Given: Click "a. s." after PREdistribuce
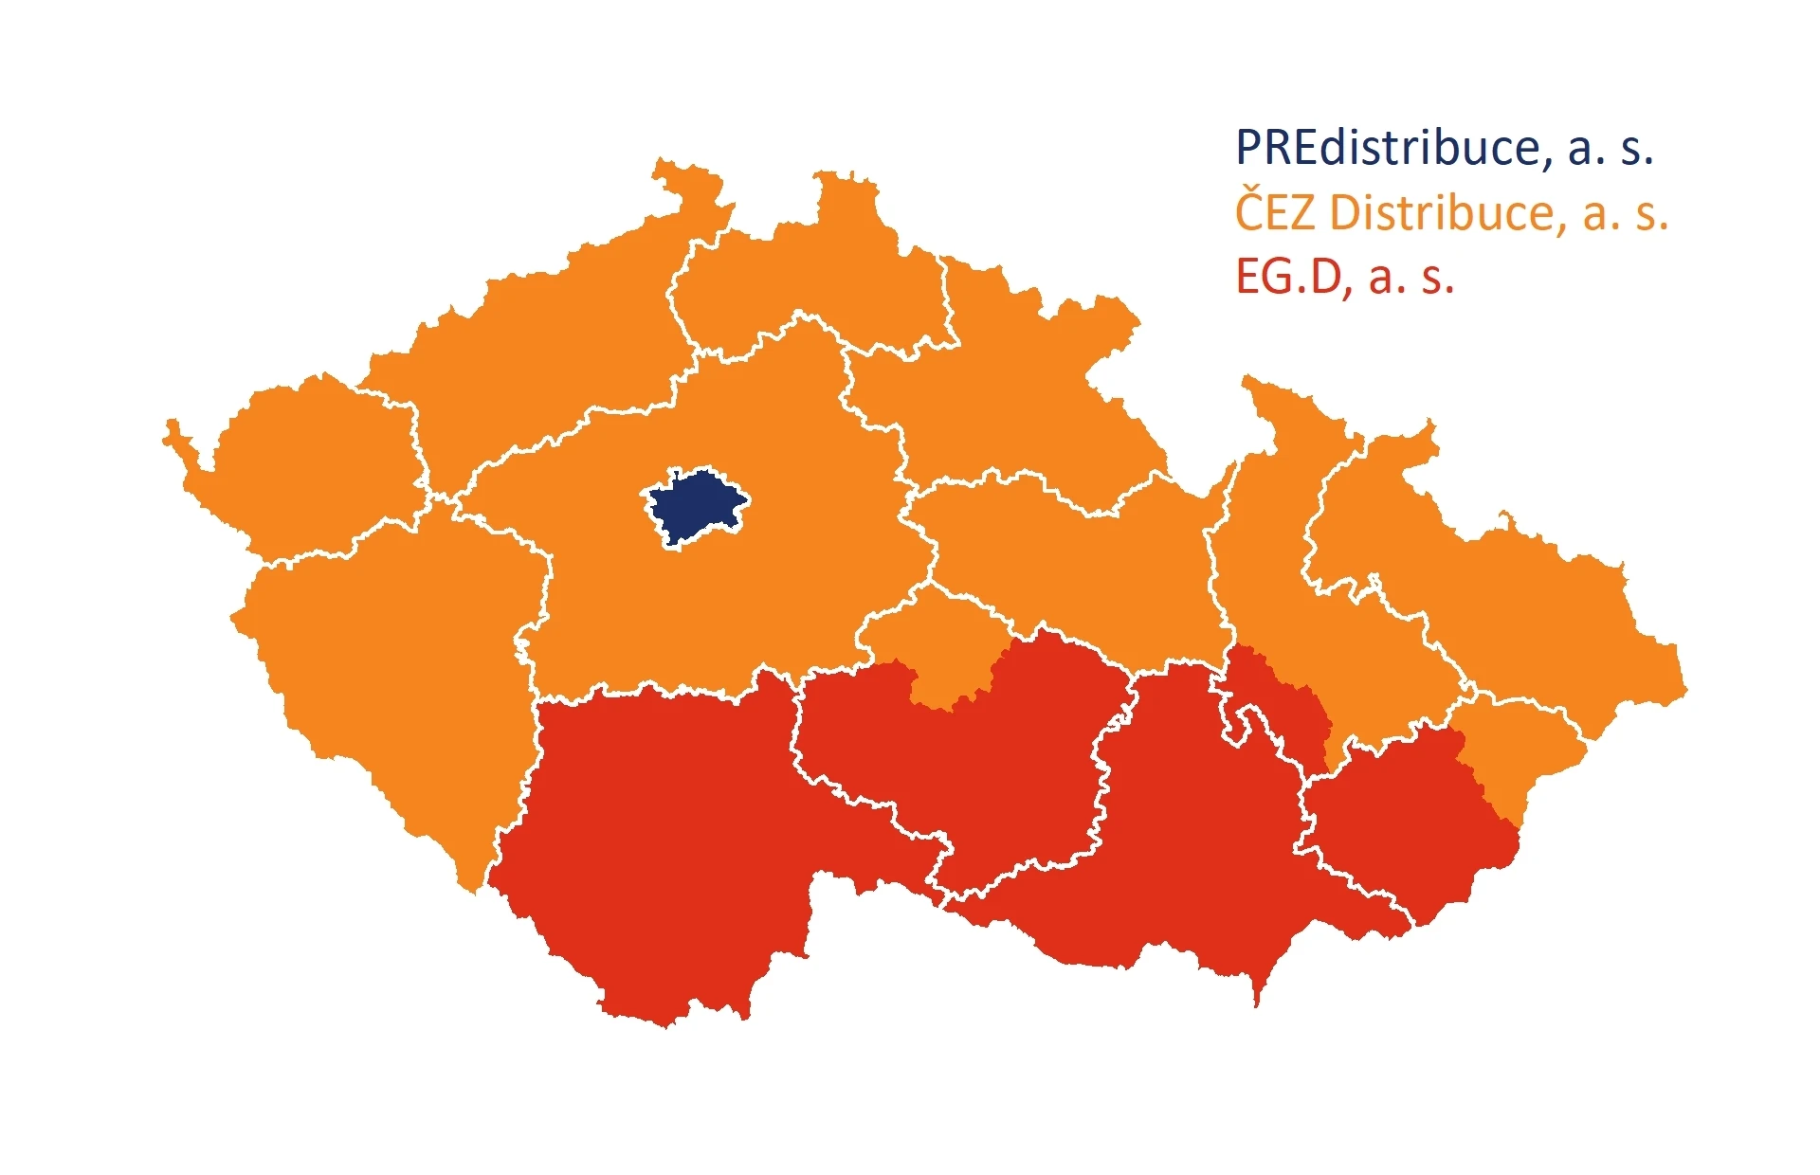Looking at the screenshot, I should (1610, 149).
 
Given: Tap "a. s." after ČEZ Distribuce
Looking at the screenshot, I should (1625, 212).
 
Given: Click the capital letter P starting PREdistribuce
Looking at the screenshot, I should (1248, 149).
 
